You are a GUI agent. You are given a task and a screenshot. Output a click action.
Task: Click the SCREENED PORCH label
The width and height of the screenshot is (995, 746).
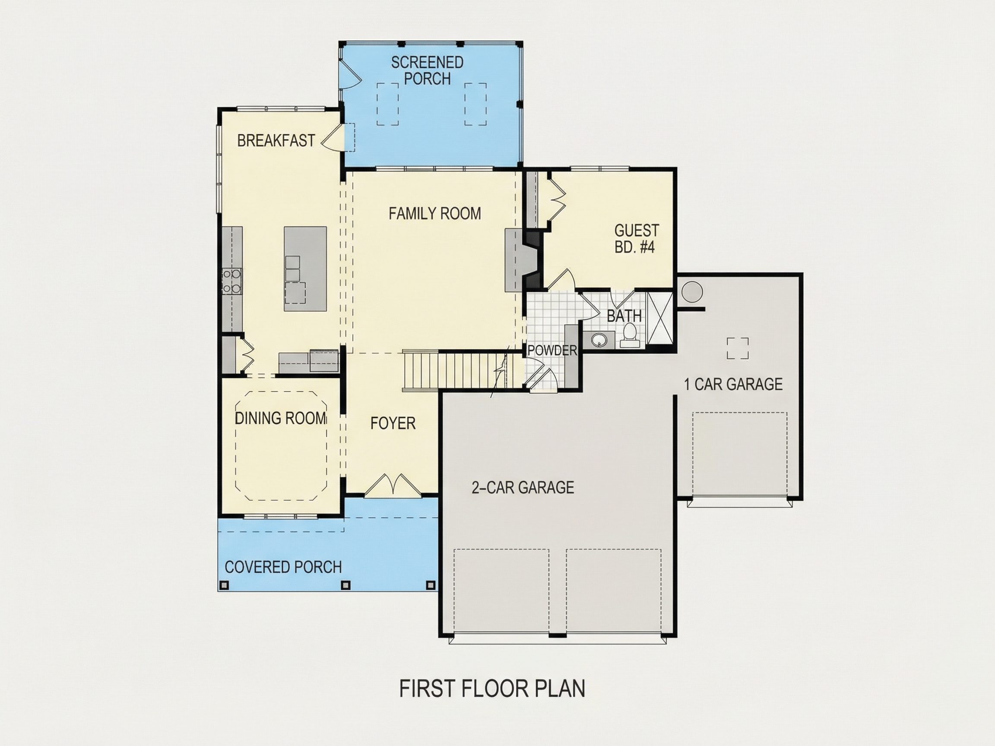point(427,70)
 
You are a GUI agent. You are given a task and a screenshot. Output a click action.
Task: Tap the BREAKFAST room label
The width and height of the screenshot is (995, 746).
point(276,141)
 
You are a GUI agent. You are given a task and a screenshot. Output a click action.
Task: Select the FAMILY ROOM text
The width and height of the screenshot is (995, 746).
point(434,213)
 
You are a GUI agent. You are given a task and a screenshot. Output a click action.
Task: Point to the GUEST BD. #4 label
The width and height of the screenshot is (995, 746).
point(636,239)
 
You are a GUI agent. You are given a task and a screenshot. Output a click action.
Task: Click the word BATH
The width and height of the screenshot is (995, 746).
point(624,316)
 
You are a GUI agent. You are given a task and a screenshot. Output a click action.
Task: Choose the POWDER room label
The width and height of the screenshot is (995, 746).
point(552,350)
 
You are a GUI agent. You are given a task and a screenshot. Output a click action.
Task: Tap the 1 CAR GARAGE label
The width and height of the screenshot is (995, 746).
point(733,385)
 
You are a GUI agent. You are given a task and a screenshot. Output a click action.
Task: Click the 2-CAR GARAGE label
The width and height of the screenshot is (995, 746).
point(523,488)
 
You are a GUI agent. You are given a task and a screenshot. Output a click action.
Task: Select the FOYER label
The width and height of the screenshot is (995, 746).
point(393,423)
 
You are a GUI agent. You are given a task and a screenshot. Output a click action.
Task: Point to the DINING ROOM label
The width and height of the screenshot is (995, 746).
point(281,418)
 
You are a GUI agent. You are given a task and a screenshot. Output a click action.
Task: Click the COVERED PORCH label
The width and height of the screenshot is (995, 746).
point(283,567)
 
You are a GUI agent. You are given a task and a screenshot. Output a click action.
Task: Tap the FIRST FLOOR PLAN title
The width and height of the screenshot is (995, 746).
point(492,689)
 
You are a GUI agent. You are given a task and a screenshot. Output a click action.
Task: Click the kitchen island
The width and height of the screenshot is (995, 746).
point(305,269)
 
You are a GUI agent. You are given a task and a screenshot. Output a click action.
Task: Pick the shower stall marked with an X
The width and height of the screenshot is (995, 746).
point(659,318)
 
